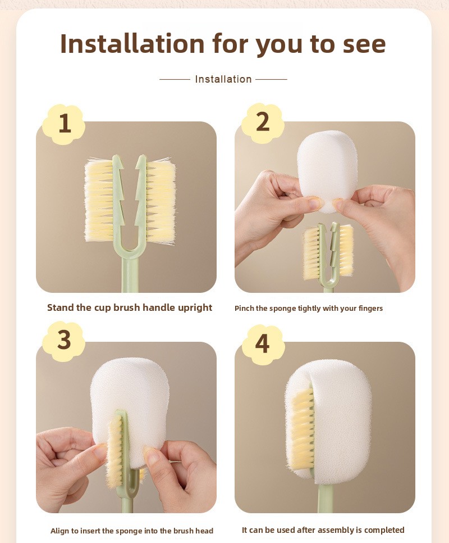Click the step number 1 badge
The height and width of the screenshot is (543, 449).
63,124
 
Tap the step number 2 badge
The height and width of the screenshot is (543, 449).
263,123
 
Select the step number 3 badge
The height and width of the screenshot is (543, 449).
63,341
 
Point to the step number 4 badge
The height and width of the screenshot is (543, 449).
263,344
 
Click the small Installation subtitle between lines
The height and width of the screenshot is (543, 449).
223,79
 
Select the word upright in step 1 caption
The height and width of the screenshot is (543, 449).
195,308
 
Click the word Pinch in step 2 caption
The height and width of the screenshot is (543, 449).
244,308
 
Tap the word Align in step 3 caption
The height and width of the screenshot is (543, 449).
60,531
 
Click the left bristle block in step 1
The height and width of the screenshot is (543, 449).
99,200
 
